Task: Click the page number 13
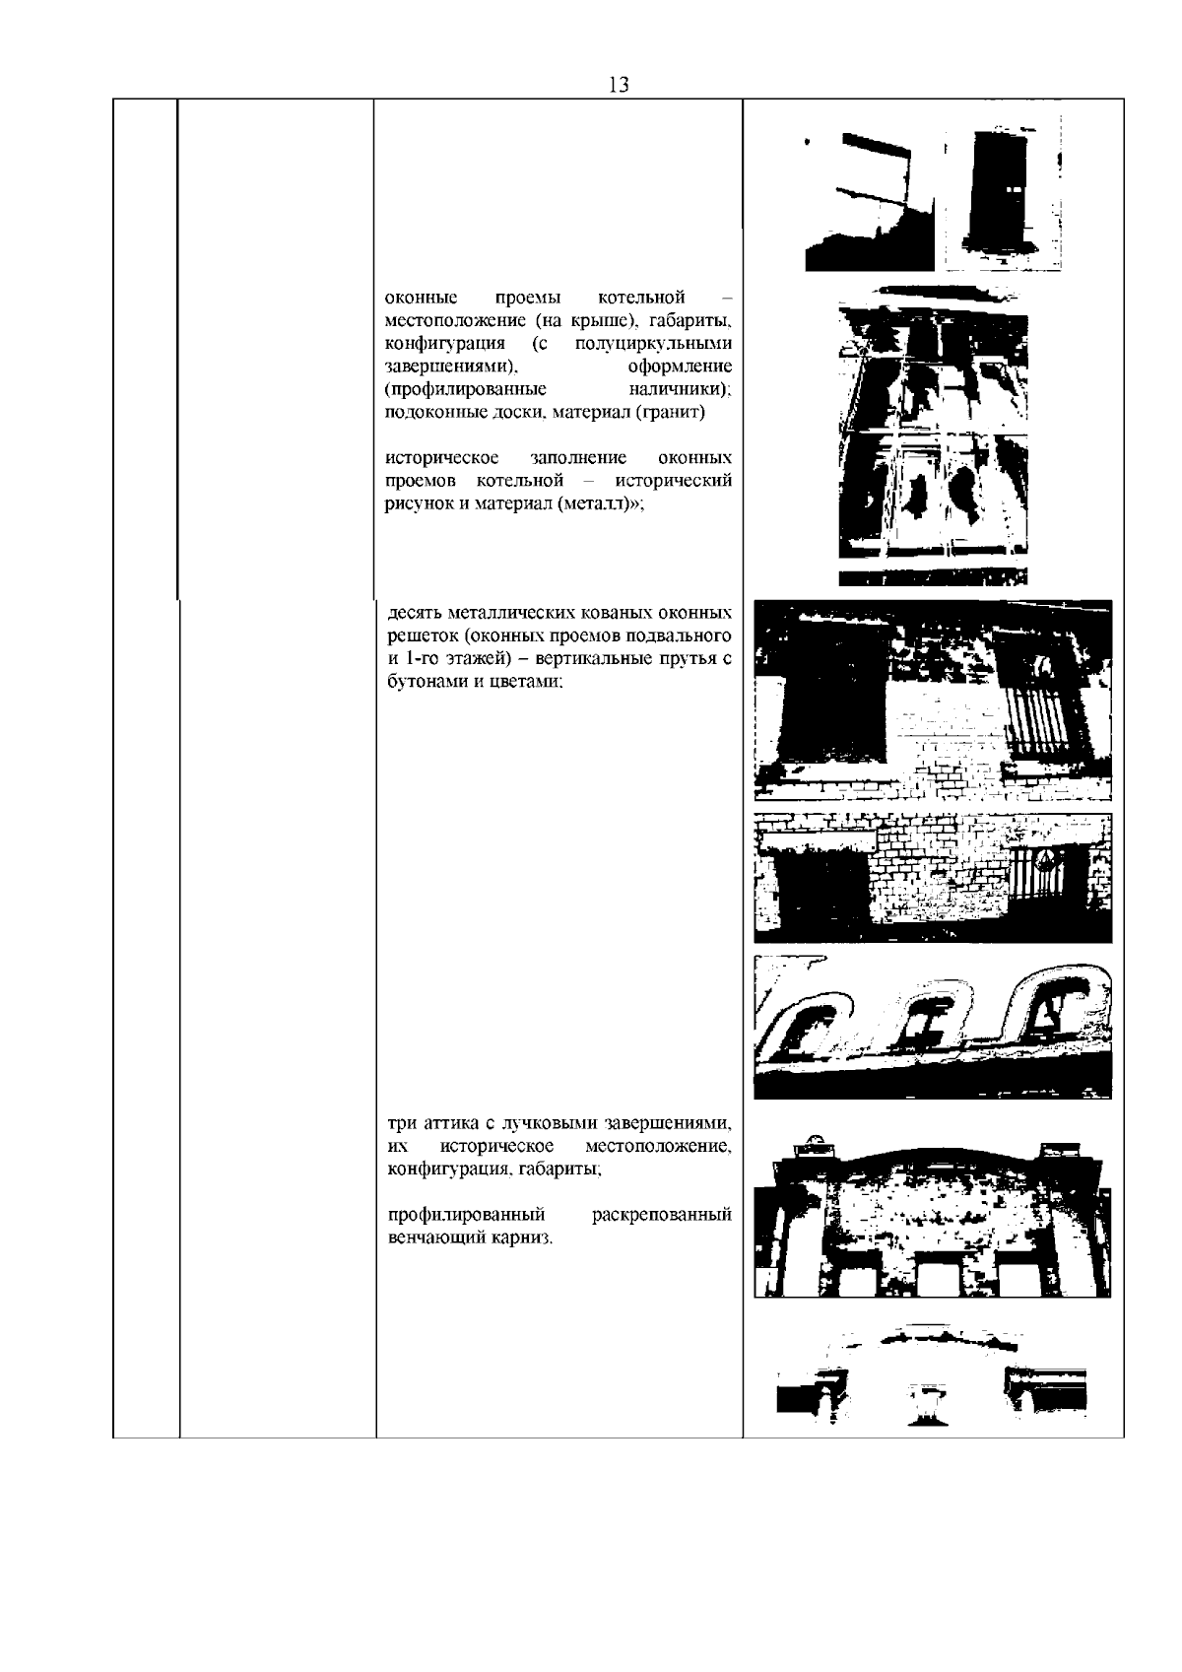[619, 85]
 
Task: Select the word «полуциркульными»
[654, 344]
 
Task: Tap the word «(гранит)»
[670, 412]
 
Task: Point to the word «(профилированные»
[466, 389]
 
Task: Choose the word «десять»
[414, 614]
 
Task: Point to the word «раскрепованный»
[662, 1215]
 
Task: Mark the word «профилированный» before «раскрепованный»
[466, 1215]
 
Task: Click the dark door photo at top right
[1002, 192]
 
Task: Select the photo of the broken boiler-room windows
[933, 435]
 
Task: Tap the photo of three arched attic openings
[933, 1027]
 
